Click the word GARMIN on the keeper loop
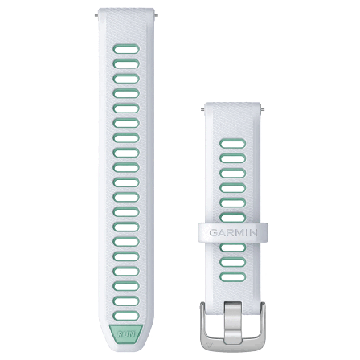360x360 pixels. click(233, 232)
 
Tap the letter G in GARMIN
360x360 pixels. click(214, 232)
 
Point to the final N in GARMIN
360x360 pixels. click(253, 232)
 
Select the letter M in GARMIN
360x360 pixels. click(239, 232)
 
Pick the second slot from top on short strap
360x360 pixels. click(233, 159)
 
